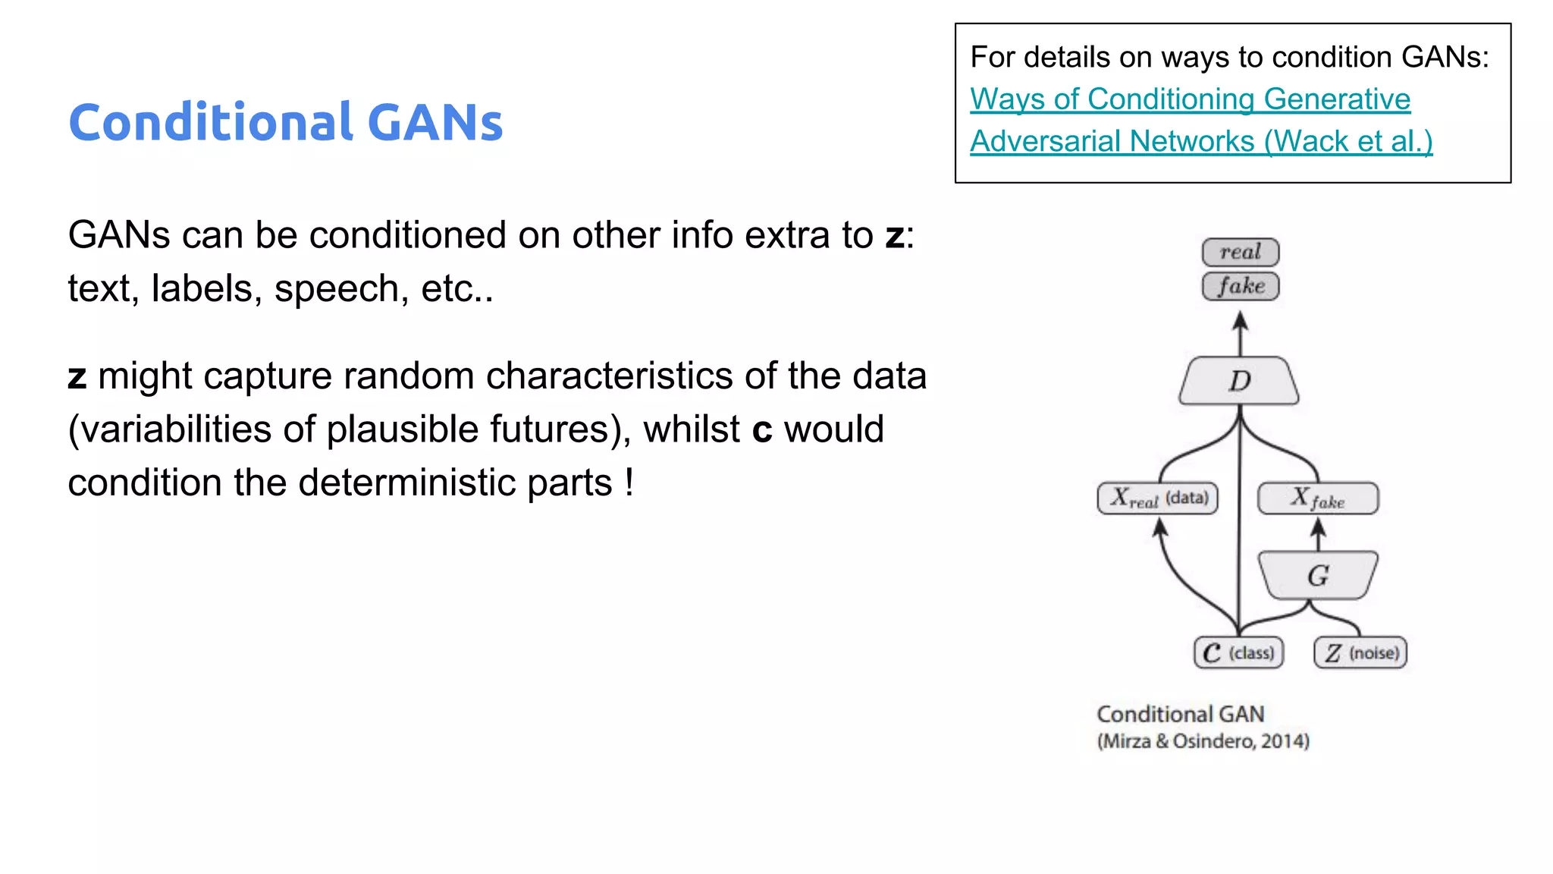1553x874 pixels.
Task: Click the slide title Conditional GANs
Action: pyautogui.click(x=285, y=122)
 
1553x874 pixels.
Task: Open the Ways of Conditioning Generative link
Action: pyautogui.click(x=1190, y=99)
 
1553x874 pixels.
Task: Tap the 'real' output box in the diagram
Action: pyautogui.click(x=1241, y=252)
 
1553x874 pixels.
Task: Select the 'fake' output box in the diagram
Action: pyautogui.click(x=1241, y=286)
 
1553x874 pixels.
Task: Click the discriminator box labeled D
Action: pyautogui.click(x=1239, y=381)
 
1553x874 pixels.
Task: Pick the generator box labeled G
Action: pyautogui.click(x=1318, y=575)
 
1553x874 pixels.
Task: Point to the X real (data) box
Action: pyautogui.click(x=1158, y=498)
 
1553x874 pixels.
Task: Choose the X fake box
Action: pyautogui.click(x=1318, y=498)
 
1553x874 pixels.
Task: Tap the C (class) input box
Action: pyautogui.click(x=1238, y=652)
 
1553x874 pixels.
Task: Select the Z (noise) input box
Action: pyautogui.click(x=1360, y=652)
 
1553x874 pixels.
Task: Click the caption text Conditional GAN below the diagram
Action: pyautogui.click(x=1181, y=714)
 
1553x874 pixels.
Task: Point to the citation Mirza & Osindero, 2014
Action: pyautogui.click(x=1203, y=741)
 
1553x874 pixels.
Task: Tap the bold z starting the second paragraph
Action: pyautogui.click(x=77, y=376)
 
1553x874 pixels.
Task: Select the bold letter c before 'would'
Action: pyautogui.click(x=762, y=430)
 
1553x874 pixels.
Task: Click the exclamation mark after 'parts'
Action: pyautogui.click(x=629, y=483)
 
